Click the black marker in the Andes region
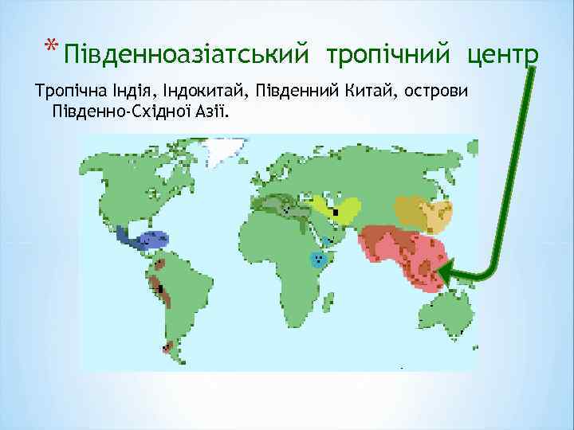160,288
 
